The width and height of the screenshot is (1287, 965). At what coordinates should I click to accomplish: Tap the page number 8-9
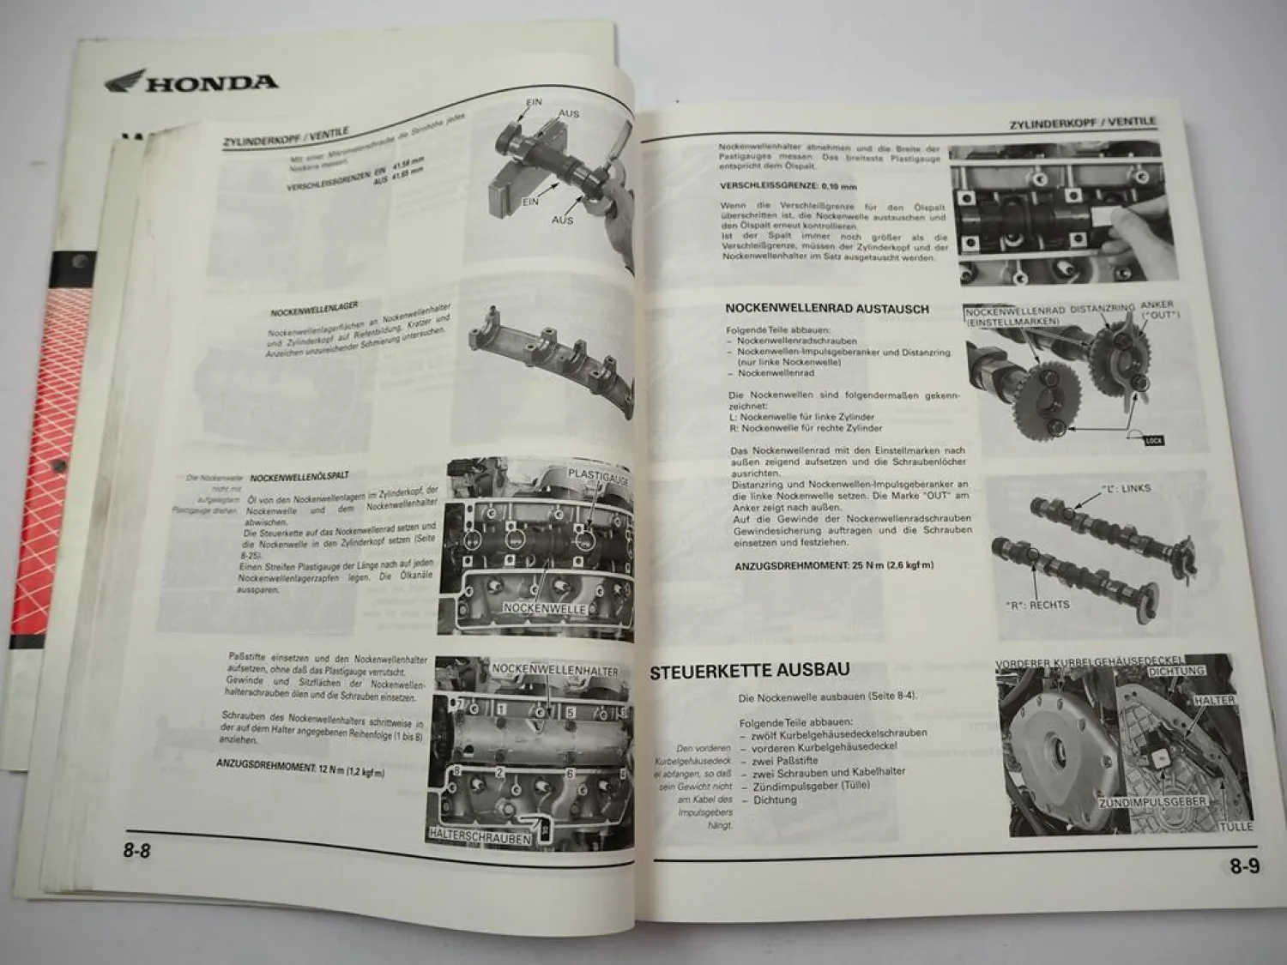click(x=1244, y=866)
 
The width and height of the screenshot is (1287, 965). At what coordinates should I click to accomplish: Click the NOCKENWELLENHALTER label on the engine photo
click(x=555, y=670)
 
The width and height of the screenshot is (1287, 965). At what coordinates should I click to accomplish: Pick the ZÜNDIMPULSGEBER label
click(x=1153, y=801)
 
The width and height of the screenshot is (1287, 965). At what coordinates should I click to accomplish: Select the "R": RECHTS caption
click(x=1037, y=605)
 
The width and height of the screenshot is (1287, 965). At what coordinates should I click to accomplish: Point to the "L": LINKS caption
click(x=1126, y=489)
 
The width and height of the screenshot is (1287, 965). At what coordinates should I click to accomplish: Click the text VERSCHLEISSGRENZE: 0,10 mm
click(x=778, y=186)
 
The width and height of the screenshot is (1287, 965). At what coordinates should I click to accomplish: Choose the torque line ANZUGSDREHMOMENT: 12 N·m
click(x=299, y=766)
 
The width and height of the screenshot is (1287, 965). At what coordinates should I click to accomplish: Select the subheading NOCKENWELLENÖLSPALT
click(x=298, y=475)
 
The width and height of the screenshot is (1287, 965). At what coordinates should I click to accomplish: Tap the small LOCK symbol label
click(x=1153, y=440)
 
